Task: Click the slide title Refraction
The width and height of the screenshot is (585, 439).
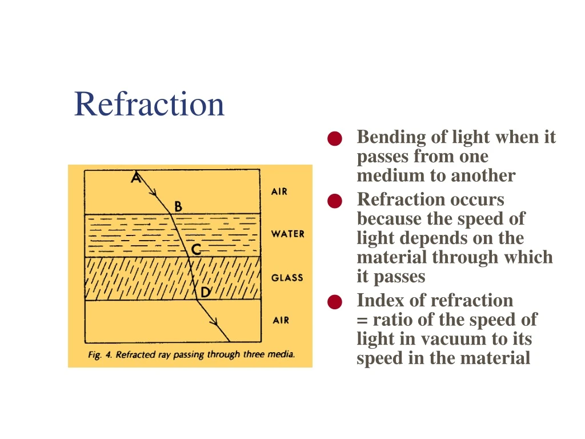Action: [149, 104]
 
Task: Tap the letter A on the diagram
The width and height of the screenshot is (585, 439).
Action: [135, 178]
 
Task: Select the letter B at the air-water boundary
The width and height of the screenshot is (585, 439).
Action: [178, 206]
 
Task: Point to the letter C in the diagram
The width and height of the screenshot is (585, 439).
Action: [196, 250]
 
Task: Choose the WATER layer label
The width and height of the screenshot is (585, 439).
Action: [287, 234]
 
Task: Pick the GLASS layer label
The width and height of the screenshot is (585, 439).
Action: [287, 278]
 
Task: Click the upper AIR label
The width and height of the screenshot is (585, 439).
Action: [279, 191]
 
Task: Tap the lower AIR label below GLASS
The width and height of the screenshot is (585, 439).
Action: [281, 320]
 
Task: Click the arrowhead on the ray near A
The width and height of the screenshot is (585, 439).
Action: [155, 193]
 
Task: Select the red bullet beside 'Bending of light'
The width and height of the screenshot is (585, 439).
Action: [335, 139]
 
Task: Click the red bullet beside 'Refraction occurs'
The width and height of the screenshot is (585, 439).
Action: [335, 201]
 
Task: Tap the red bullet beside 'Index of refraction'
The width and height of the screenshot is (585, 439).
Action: [335, 302]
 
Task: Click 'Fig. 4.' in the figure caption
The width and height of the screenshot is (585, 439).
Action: [100, 354]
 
